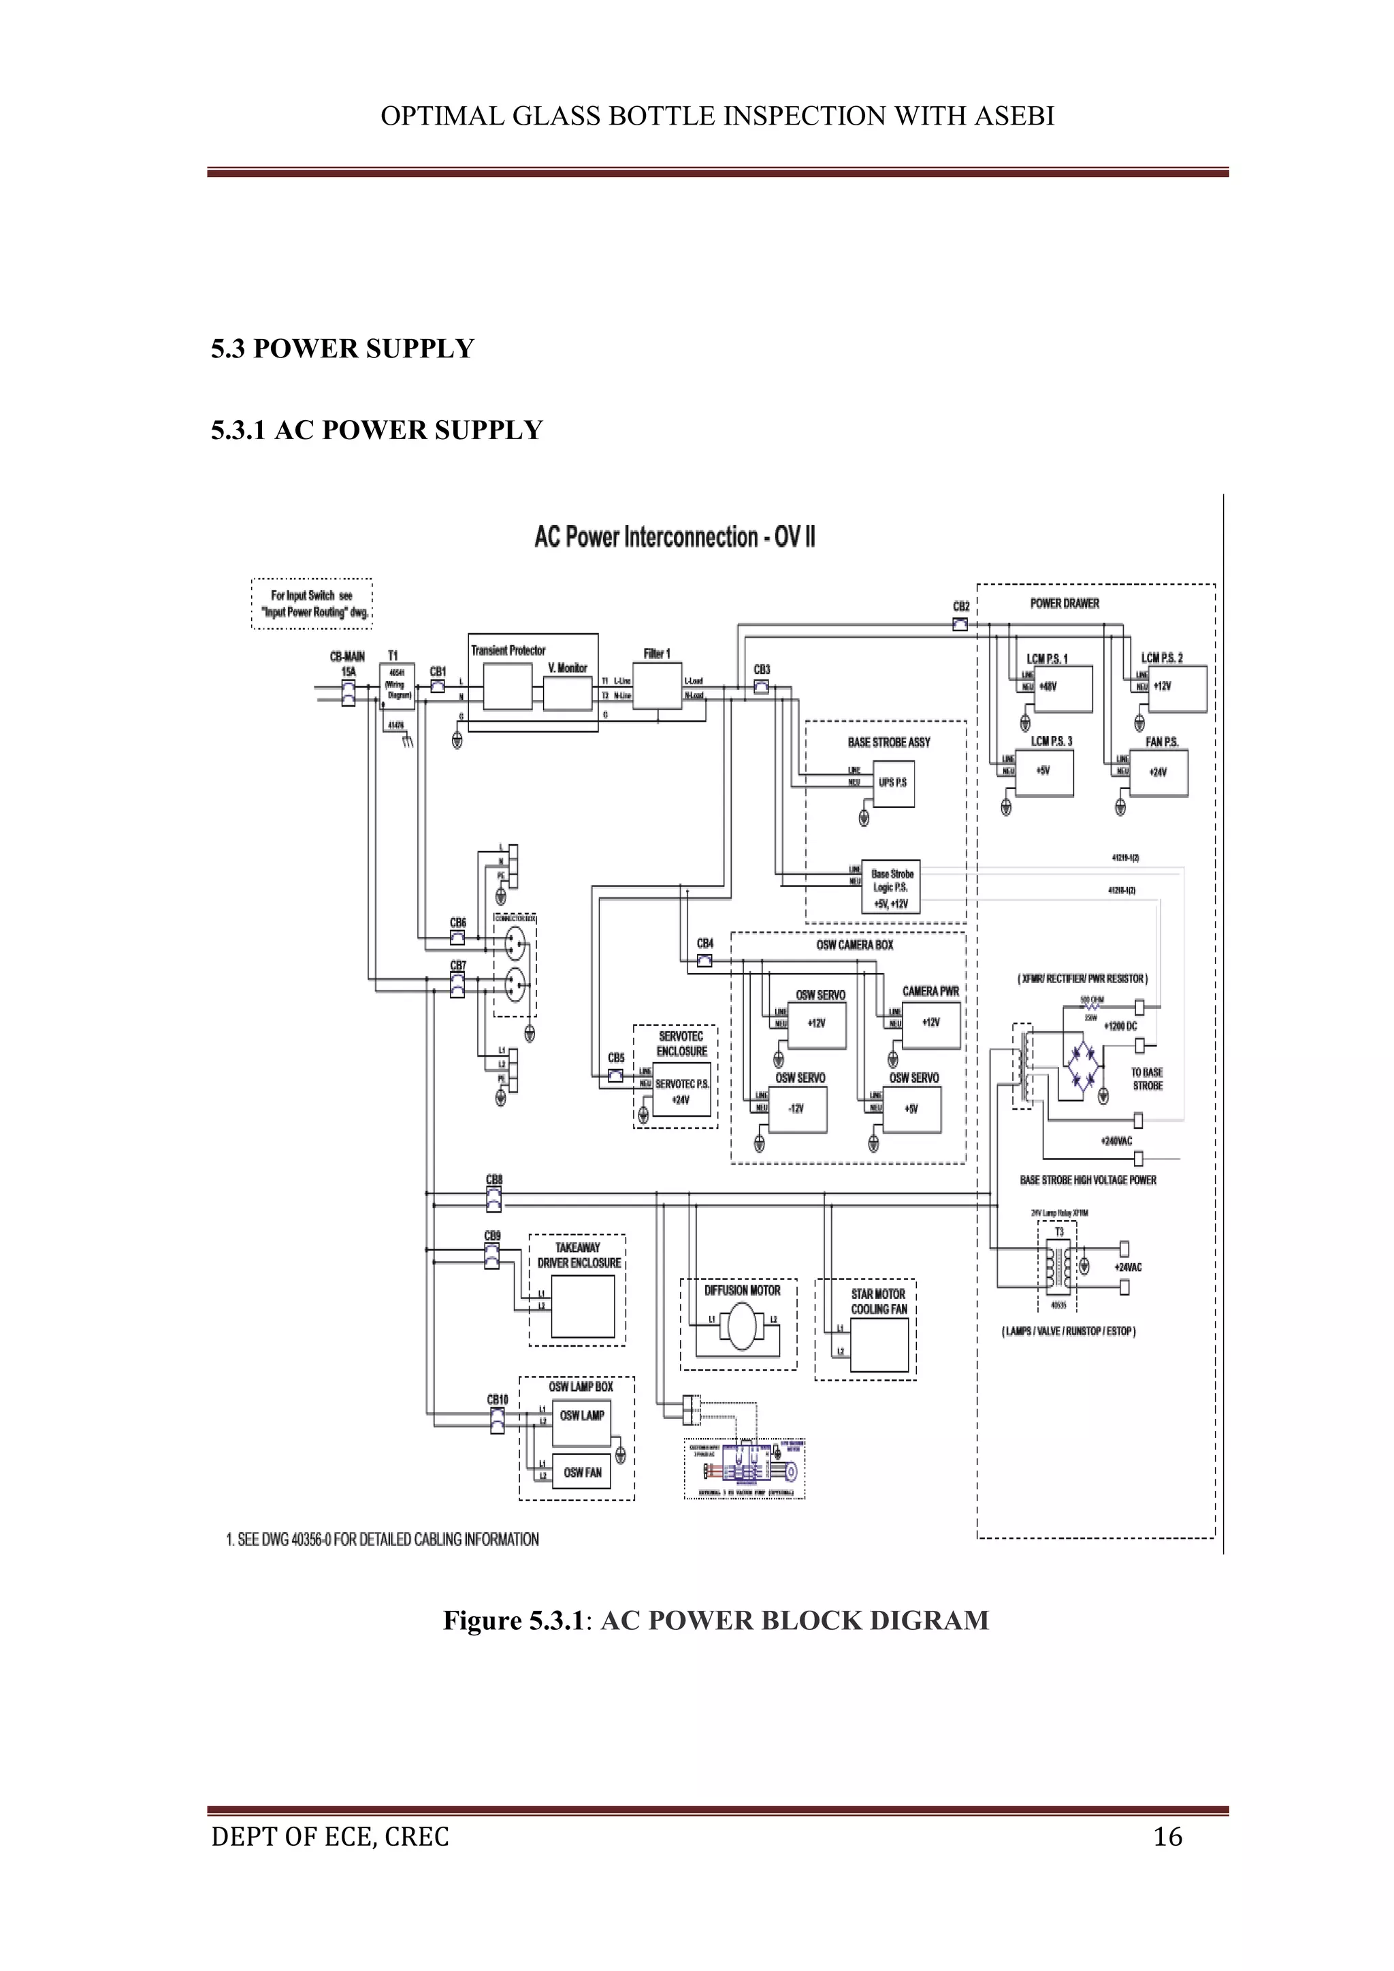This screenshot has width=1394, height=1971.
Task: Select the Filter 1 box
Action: (x=658, y=687)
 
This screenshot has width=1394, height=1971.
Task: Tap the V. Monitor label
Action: (x=568, y=668)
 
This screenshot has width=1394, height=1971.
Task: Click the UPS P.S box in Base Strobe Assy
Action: (x=893, y=783)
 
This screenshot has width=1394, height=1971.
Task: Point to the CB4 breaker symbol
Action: (x=704, y=961)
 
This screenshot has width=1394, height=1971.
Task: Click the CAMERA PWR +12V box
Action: (x=931, y=1023)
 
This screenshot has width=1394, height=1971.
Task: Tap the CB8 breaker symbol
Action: (x=493, y=1199)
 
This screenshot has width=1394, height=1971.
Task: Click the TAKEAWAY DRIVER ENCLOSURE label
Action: (x=579, y=1255)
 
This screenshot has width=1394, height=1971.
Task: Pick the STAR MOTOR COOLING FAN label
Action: (x=878, y=1302)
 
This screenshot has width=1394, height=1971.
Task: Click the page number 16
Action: (x=1167, y=1836)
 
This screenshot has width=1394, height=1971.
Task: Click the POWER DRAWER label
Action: (x=1065, y=603)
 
